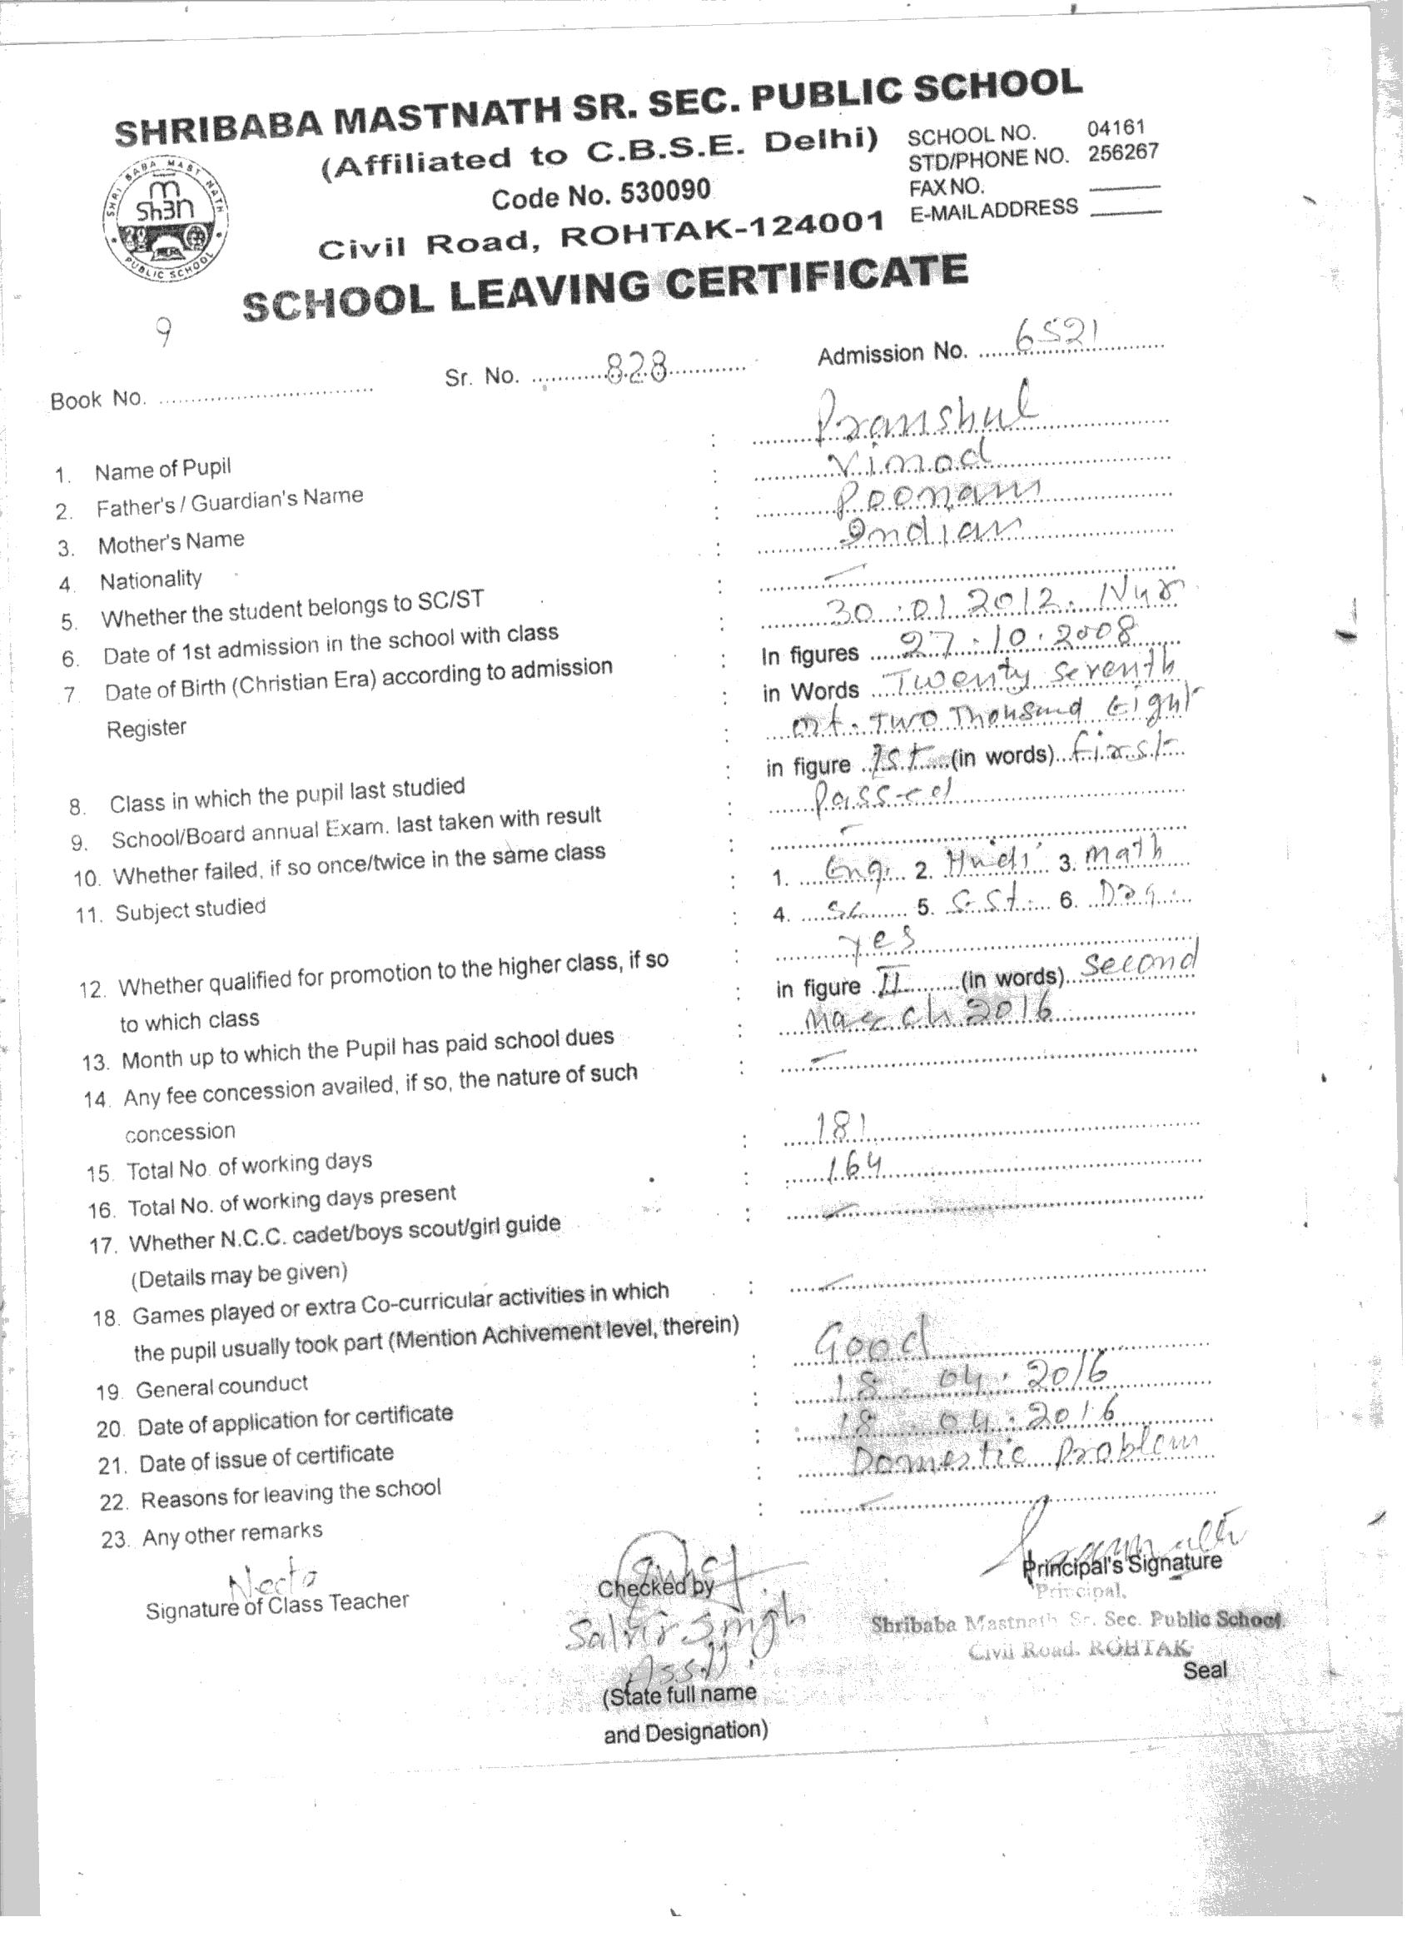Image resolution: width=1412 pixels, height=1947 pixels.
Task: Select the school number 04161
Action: click(x=1116, y=129)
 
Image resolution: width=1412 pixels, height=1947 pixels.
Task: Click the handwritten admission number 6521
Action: click(x=1057, y=336)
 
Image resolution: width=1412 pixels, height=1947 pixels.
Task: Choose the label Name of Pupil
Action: click(x=162, y=470)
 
